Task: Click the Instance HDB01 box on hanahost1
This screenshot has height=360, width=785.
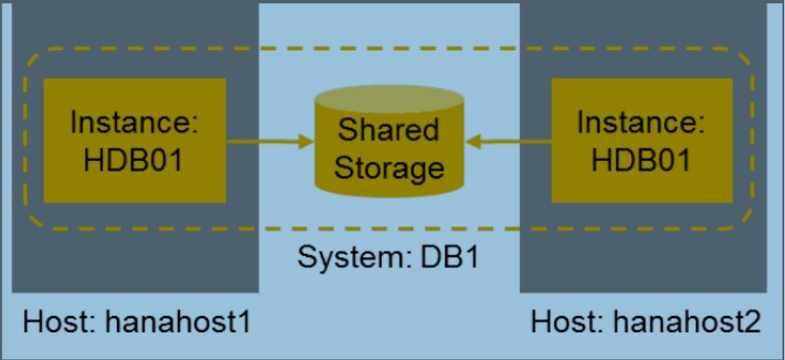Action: click(134, 141)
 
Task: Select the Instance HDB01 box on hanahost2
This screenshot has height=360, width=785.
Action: click(641, 141)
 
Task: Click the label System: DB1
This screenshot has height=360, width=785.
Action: click(388, 257)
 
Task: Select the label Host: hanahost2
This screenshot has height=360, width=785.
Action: click(645, 322)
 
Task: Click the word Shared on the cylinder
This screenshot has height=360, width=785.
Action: click(387, 129)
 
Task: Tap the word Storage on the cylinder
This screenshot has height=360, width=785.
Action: click(388, 166)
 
